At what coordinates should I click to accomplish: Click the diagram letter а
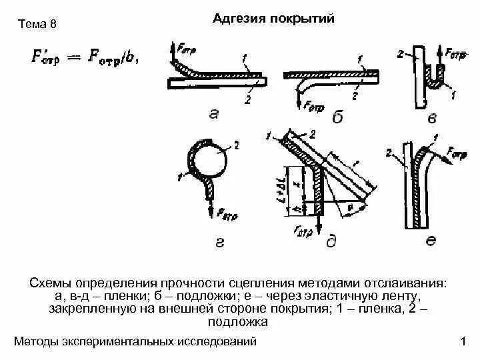tap(213, 114)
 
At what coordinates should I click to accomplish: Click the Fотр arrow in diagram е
tap(445, 155)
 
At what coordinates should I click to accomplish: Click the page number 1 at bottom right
tap(463, 343)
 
